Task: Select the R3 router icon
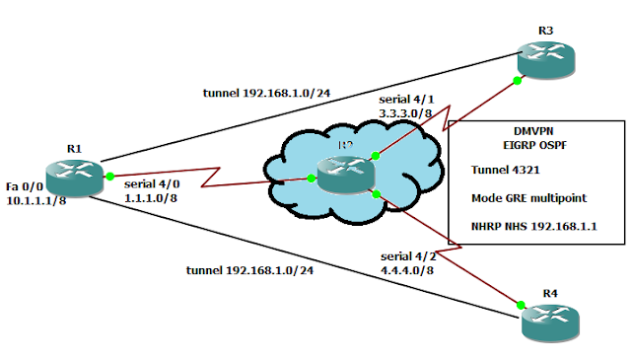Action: [546, 57]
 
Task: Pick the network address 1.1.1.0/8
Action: [151, 198]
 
